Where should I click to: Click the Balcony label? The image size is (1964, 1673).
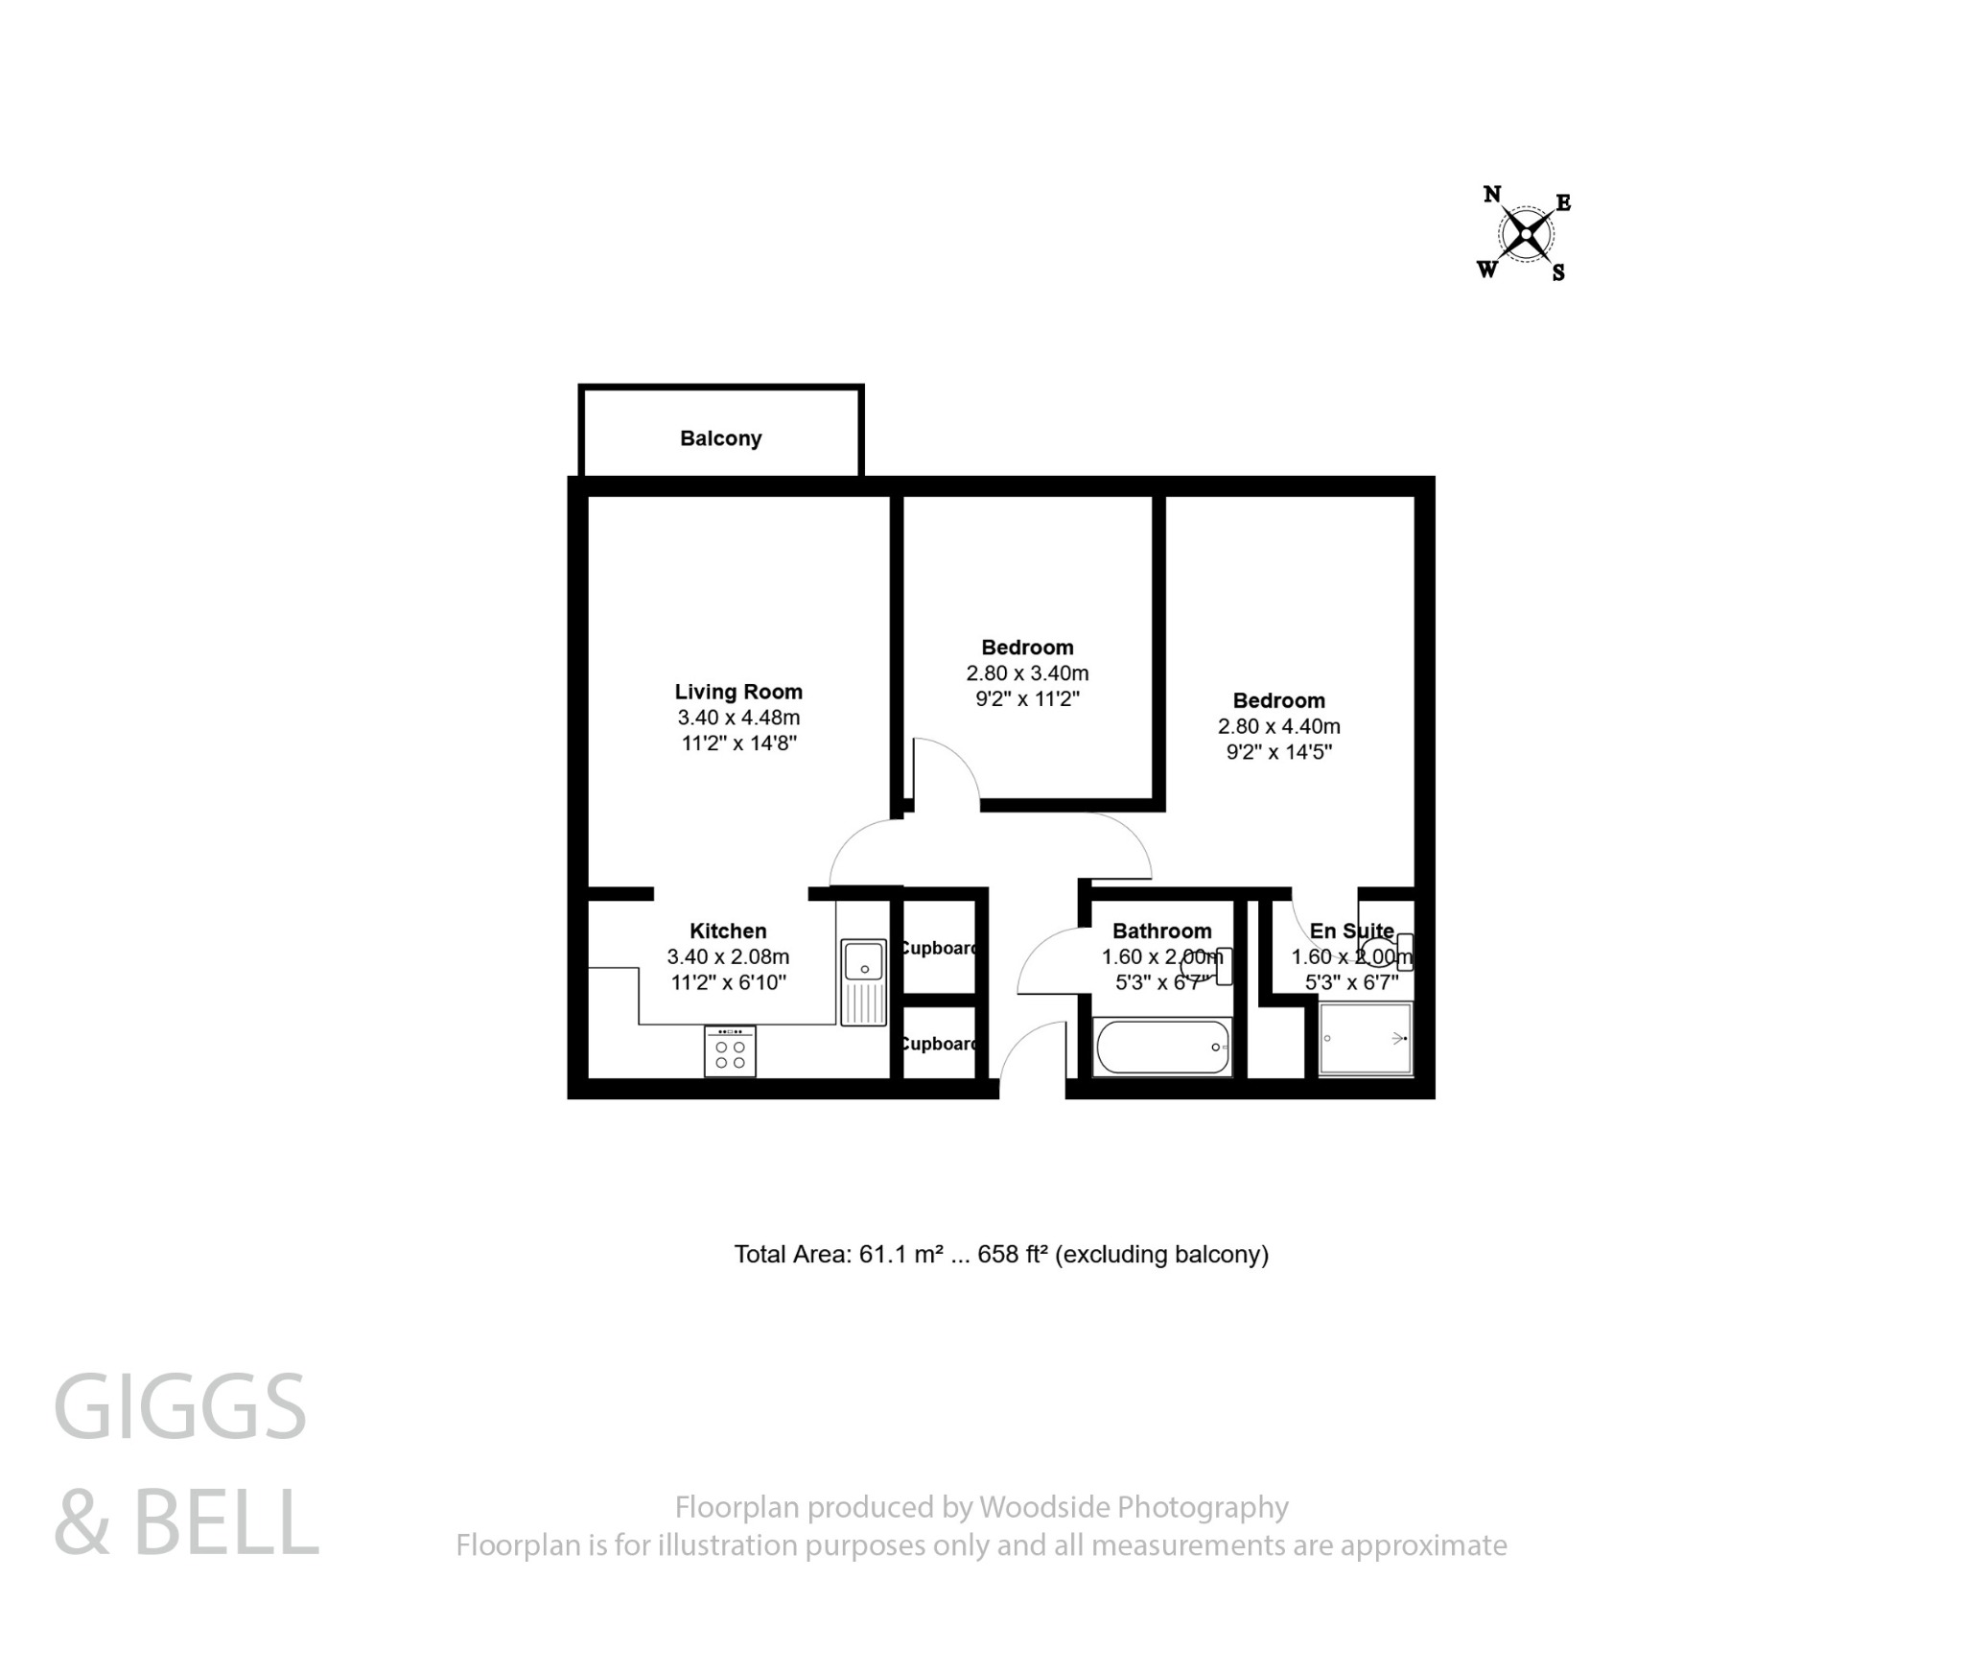720,438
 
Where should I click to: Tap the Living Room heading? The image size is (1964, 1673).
737,692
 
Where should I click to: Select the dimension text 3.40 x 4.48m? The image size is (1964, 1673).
737,718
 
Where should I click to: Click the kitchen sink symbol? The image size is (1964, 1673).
863,980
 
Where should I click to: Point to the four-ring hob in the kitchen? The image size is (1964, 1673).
730,1052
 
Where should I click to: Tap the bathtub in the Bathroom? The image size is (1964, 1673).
1162,1047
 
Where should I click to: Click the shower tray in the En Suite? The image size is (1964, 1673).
1364,1039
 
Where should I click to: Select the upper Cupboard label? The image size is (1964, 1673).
939,948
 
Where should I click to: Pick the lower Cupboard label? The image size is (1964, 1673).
939,1044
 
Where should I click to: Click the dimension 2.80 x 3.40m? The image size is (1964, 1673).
1027,673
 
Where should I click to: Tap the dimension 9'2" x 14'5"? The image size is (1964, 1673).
1278,752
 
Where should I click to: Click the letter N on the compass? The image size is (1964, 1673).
1492,195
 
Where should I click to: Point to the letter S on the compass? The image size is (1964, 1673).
1558,273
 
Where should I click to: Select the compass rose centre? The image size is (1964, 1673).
1525,233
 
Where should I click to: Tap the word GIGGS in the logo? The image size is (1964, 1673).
179,1407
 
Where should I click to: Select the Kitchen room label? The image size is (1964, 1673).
728,931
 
